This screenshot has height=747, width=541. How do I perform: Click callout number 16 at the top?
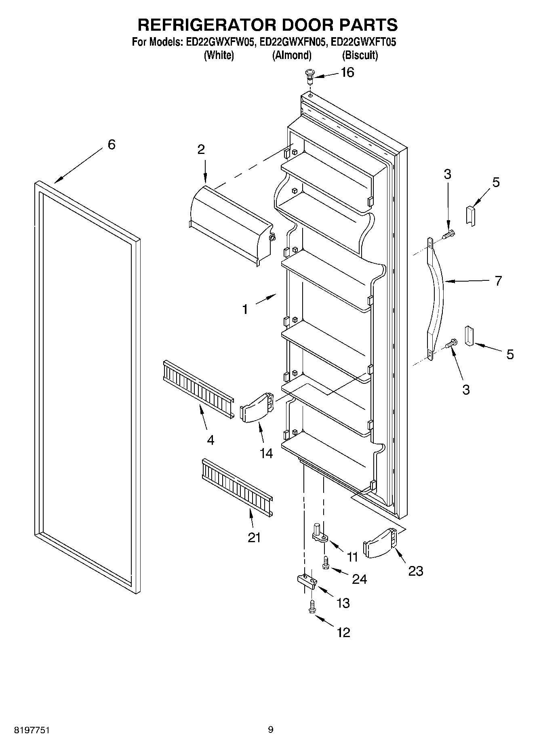click(347, 72)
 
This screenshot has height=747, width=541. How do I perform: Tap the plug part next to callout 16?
click(309, 76)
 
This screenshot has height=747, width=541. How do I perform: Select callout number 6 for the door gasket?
click(112, 144)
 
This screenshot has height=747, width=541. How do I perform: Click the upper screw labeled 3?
click(449, 234)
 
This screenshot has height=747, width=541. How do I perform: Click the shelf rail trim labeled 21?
click(237, 487)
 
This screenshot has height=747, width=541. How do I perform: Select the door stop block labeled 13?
click(307, 582)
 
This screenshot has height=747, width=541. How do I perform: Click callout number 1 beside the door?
click(245, 309)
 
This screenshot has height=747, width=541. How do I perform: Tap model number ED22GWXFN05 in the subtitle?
click(293, 42)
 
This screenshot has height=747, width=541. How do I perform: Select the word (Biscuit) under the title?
click(360, 55)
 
